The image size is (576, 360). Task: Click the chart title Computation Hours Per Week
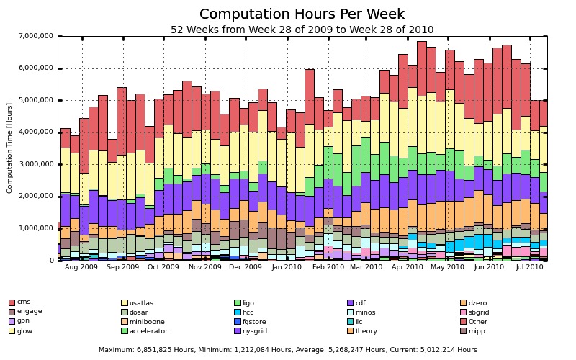302,14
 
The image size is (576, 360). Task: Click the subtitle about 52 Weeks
302,30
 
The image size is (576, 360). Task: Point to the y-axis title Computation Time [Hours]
10,148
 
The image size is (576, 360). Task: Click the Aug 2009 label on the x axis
81,267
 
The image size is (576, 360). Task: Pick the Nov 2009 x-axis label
204,267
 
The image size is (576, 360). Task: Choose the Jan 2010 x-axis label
287,267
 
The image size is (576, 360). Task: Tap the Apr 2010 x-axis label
408,267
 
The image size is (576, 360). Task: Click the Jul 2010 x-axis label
529,267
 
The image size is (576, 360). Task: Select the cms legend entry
24,302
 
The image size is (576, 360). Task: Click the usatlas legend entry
141,303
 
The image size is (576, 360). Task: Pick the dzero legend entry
477,303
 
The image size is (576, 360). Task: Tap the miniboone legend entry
147,322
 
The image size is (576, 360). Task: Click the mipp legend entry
477,331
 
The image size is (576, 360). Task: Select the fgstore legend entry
254,322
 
